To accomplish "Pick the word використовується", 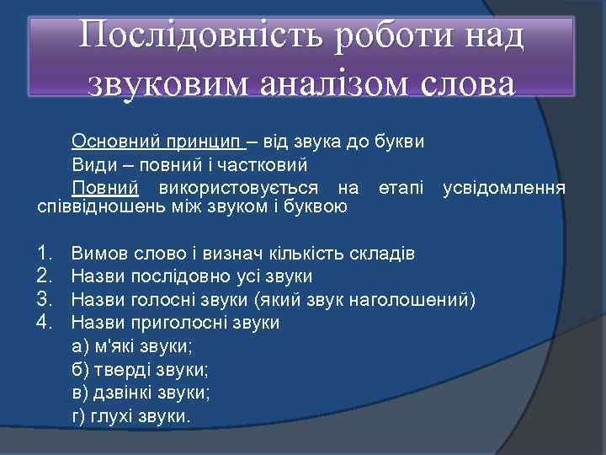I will pos(240,187).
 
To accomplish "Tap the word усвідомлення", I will pos(504,187).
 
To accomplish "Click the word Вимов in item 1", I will pos(96,253).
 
